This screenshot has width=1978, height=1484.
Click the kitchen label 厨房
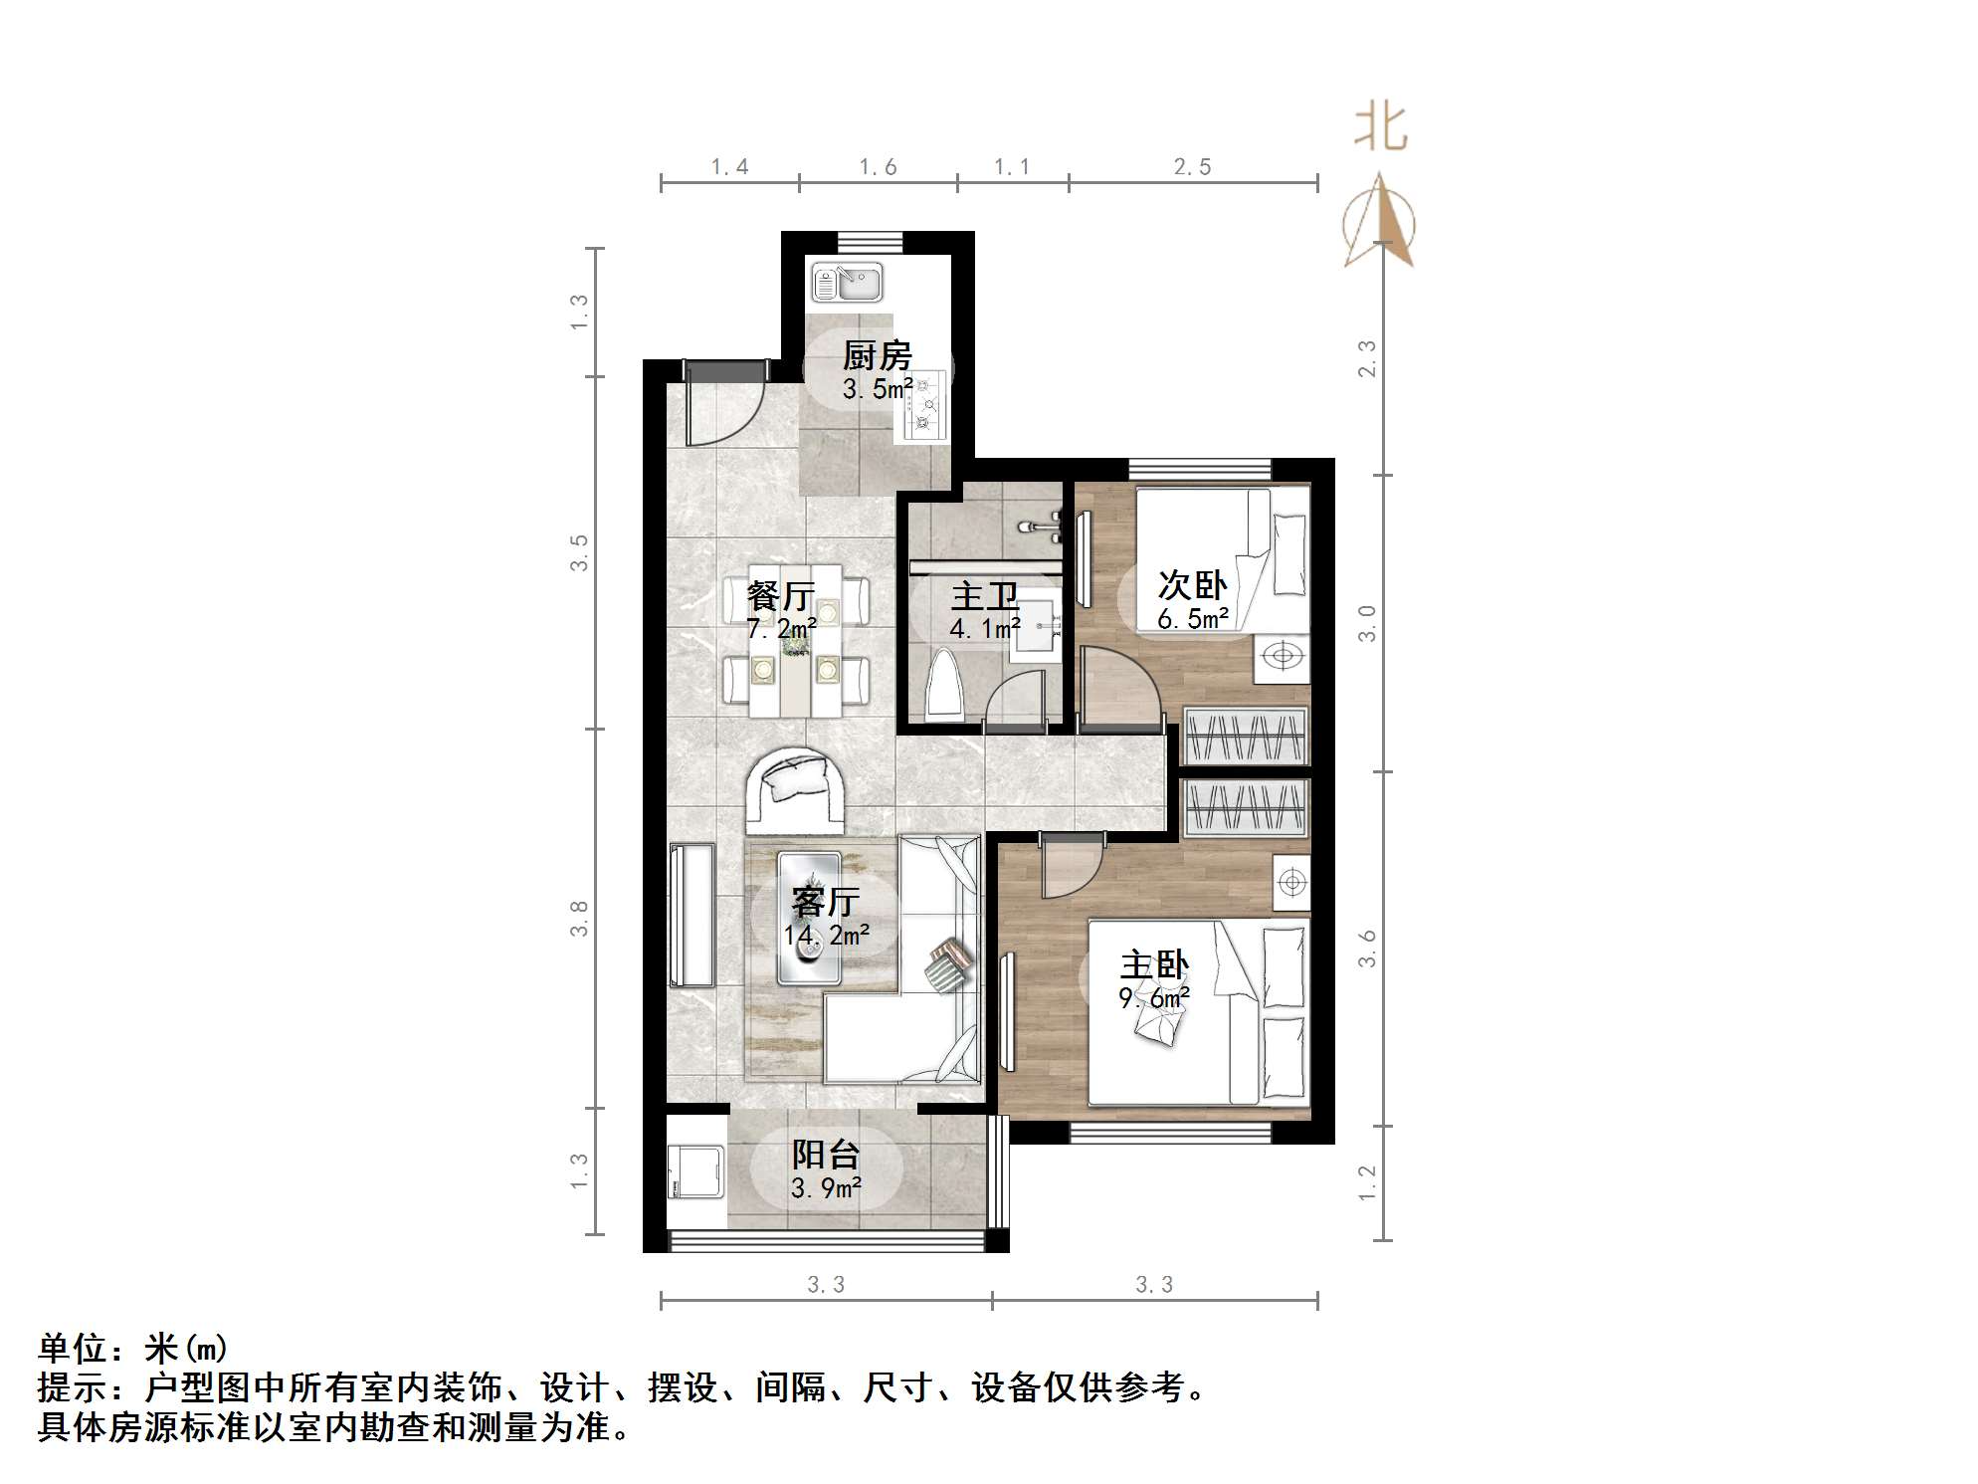click(x=877, y=355)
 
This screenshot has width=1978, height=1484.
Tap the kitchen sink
click(x=847, y=282)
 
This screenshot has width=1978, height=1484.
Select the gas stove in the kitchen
click(x=925, y=406)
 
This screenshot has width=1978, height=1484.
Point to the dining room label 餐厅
click(x=781, y=596)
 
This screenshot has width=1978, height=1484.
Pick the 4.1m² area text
click(x=984, y=629)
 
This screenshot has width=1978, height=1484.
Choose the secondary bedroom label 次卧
click(x=1192, y=585)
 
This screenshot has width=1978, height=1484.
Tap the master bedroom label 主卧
click(x=1154, y=965)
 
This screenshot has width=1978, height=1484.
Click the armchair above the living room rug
click(x=797, y=790)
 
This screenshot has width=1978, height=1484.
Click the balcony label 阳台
click(x=826, y=1155)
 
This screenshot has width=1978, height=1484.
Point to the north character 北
click(x=1381, y=128)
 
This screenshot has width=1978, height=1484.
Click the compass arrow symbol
click(x=1379, y=222)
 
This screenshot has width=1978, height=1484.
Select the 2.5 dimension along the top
click(x=1192, y=167)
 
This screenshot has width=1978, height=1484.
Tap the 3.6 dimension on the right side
click(x=1367, y=948)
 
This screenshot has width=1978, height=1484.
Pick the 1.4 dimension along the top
click(x=729, y=167)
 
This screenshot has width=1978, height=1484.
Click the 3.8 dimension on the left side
click(x=579, y=918)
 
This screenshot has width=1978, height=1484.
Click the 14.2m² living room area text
click(x=826, y=936)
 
